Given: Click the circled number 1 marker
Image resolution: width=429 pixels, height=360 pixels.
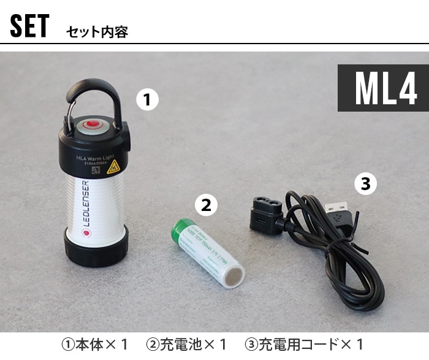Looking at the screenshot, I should (x=147, y=99).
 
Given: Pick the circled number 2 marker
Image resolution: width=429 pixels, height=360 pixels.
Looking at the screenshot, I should (x=206, y=205).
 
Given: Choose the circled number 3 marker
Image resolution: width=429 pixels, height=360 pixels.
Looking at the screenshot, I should (x=366, y=183).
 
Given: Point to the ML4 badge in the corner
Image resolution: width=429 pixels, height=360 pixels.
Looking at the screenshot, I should (x=381, y=88).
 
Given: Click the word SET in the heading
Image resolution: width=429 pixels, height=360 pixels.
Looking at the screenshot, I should (x=29, y=27).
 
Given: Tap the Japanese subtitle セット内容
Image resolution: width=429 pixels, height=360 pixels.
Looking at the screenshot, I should (x=97, y=32).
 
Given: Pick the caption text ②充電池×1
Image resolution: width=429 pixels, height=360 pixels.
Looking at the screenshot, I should (x=188, y=344).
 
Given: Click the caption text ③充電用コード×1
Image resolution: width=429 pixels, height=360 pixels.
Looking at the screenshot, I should (x=304, y=344).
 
